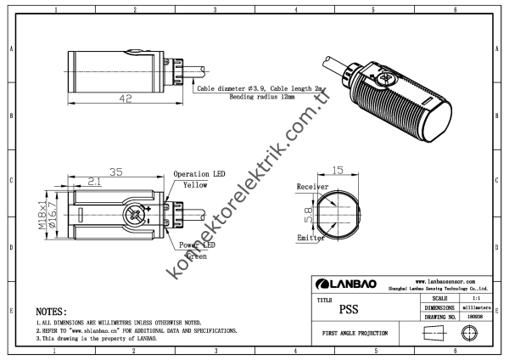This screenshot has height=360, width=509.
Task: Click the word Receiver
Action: click(x=311, y=186)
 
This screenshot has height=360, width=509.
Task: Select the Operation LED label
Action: click(x=199, y=173)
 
